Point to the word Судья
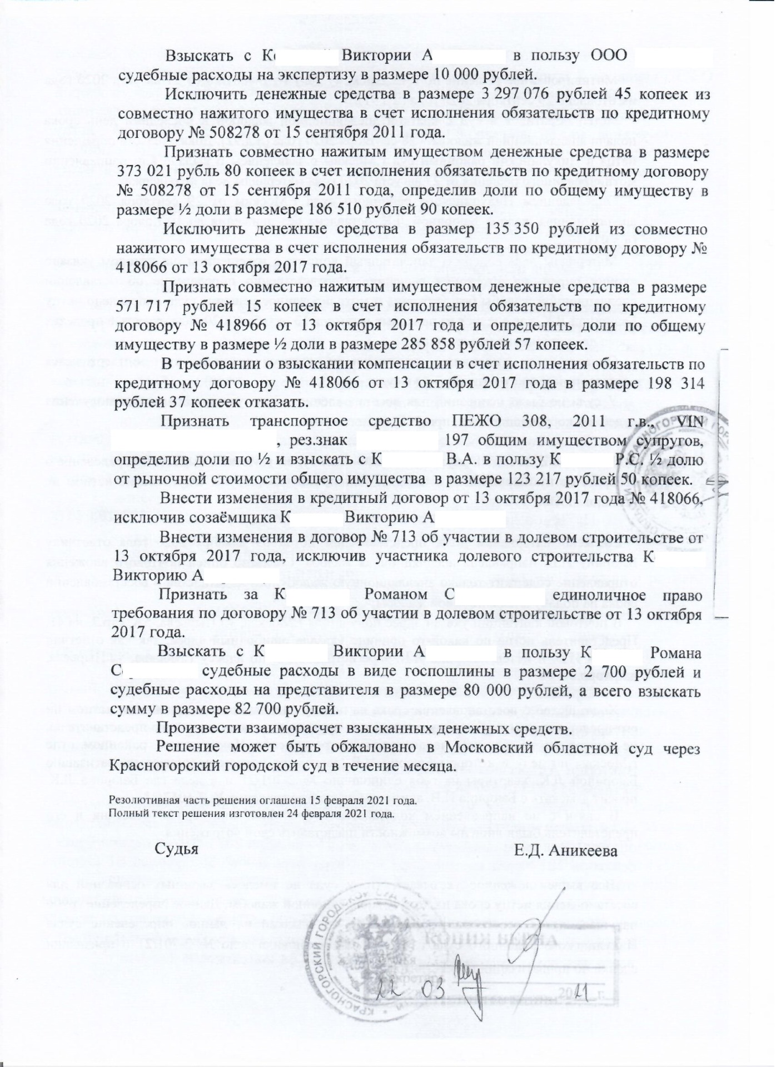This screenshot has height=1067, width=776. coord(176,850)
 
